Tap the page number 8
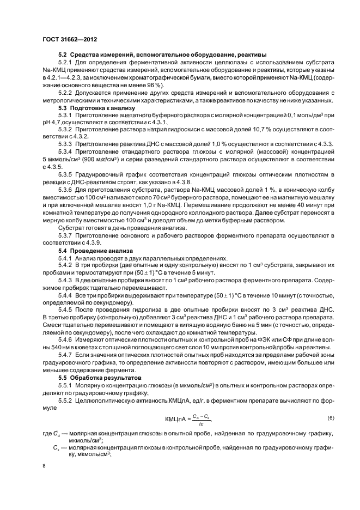pos(45,466)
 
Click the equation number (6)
pos(330,417)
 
